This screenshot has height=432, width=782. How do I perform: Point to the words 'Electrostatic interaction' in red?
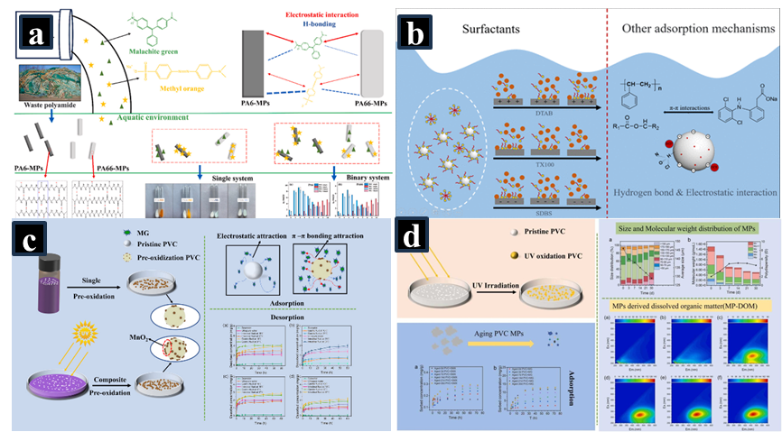point(306,16)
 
